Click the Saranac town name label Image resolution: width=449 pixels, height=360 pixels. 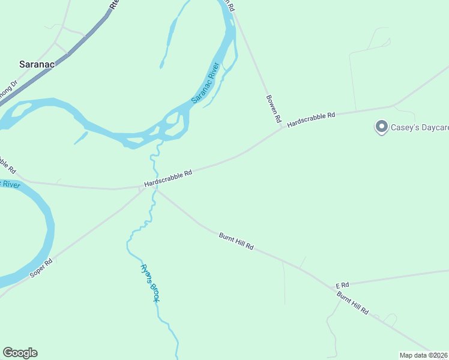[37, 64]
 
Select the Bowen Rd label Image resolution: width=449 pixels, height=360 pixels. [274, 108]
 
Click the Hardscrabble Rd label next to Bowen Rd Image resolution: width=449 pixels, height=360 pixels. [310, 118]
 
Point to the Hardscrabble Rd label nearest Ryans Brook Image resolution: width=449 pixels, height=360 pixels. [168, 178]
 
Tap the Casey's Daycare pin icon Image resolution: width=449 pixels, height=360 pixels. [381, 127]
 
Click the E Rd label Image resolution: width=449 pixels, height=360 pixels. [342, 284]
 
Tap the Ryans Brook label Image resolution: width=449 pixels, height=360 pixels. [149, 283]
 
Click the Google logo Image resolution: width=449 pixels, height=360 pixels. [20, 353]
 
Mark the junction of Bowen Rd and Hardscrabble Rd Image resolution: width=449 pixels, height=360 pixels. [282, 128]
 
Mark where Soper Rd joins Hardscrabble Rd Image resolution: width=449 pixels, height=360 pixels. [142, 189]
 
